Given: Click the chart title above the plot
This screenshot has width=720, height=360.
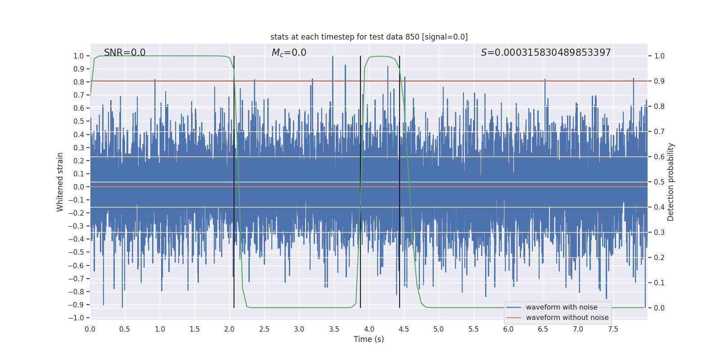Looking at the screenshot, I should point(369,37).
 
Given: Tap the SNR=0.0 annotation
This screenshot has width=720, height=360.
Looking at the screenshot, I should point(125,53).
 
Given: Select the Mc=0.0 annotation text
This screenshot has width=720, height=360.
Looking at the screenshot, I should point(289,53).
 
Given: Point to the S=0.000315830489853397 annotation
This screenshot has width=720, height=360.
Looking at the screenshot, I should point(546,53).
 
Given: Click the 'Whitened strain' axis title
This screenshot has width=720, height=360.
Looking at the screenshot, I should point(60,182).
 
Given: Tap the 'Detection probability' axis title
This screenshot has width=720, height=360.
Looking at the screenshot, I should point(671,182).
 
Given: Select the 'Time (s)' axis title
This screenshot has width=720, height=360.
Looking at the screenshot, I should point(369,339).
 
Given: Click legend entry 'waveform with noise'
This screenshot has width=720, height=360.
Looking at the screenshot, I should point(562,307).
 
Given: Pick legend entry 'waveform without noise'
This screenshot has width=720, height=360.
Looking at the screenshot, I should point(567,318).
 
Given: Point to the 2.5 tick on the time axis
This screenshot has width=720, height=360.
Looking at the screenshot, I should point(264,329).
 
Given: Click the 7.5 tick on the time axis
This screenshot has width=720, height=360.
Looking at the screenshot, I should point(613,329).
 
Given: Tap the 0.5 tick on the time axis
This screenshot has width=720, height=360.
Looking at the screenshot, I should point(125,329).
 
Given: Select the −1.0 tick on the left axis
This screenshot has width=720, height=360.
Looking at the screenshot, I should point(76,318).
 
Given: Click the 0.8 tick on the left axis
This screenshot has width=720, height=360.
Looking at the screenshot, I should point(79,82).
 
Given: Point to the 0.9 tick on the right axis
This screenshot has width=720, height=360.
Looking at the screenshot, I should point(659,81).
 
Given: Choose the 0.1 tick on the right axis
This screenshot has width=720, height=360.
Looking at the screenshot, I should point(659,283).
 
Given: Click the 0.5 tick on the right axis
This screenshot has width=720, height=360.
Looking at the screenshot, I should point(659,182).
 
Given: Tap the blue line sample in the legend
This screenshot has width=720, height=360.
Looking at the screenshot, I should point(513,307).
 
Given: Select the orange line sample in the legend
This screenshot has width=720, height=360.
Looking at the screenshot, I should point(513,318).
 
